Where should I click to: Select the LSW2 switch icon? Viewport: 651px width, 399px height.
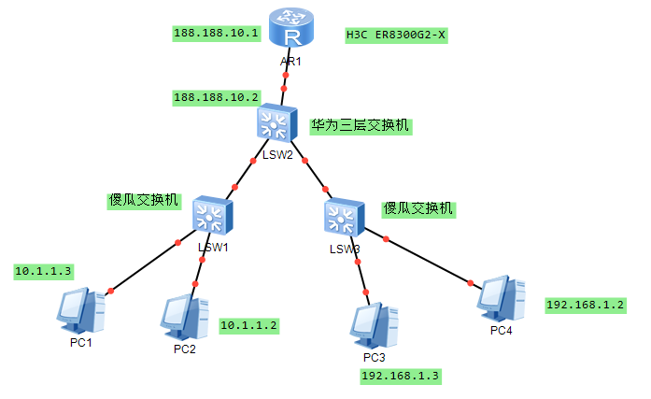tap(276, 123)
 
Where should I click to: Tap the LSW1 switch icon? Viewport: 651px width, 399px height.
tap(212, 217)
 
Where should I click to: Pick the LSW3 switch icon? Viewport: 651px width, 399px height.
tap(344, 218)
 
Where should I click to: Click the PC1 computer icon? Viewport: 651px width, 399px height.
tap(81, 311)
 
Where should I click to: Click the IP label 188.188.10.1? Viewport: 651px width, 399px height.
tap(216, 33)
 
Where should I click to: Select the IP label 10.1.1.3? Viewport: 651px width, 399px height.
tap(43, 271)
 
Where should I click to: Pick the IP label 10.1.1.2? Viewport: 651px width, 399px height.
tap(249, 325)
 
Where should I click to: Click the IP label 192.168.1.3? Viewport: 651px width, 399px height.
tap(401, 376)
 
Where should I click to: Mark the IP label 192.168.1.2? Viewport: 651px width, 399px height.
tap(586, 305)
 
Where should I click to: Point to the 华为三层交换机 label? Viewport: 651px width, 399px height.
tap(361, 124)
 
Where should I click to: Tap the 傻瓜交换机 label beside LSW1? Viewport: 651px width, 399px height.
tap(144, 200)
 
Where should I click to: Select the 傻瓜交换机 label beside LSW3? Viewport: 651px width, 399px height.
tap(418, 208)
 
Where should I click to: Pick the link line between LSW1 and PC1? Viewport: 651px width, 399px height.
tap(145, 267)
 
